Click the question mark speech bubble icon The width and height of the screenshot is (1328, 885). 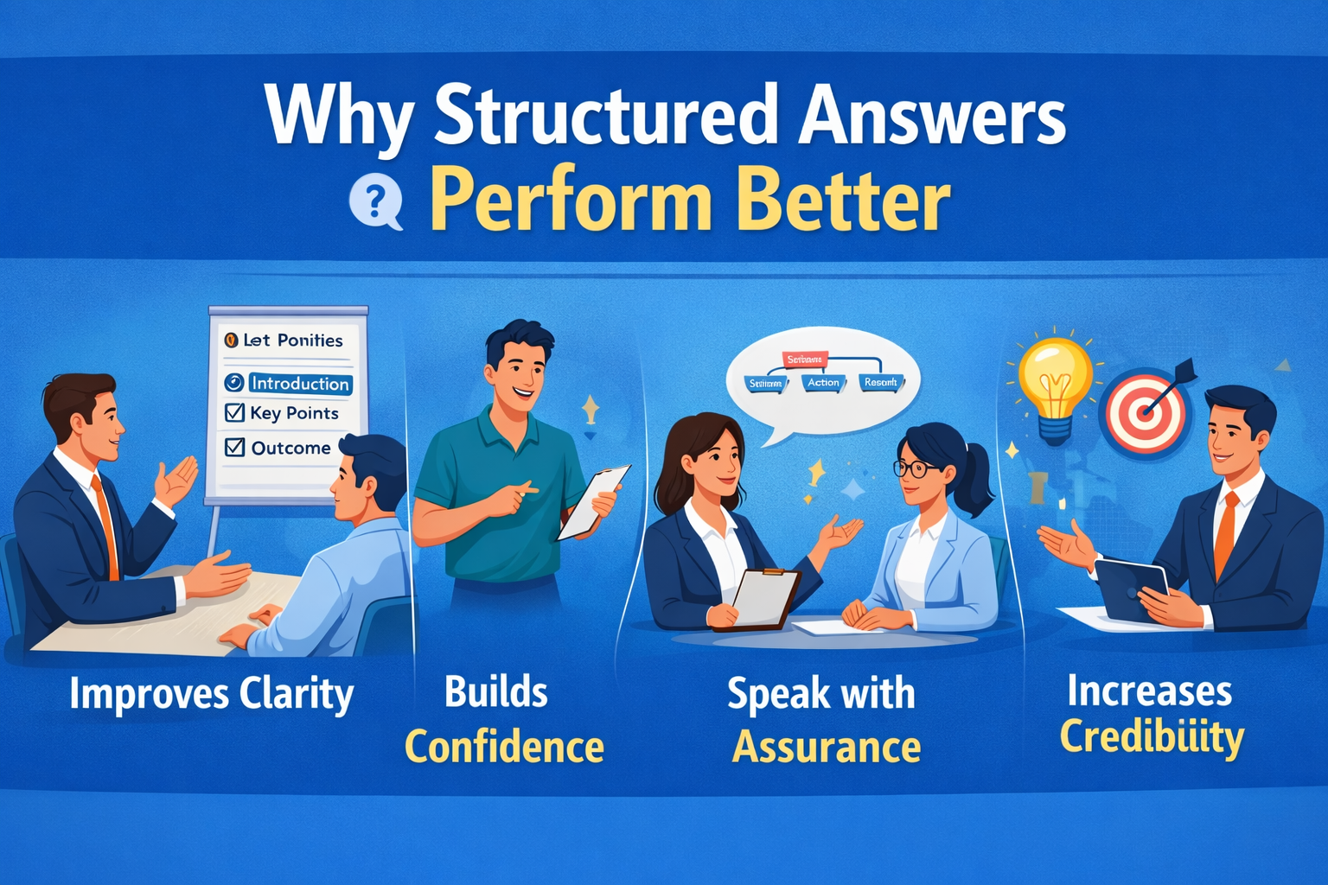pos(375,203)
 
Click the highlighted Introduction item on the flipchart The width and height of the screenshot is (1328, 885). pos(299,383)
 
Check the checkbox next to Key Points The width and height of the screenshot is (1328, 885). pos(234,412)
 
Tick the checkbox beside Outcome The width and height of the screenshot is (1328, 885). pos(234,447)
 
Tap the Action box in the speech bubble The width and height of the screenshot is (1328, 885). pos(823,383)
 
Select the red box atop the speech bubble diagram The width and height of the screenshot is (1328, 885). pos(804,359)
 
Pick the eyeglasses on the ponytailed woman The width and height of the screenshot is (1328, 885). pos(913,469)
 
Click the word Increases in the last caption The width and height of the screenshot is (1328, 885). pos(1149,691)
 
